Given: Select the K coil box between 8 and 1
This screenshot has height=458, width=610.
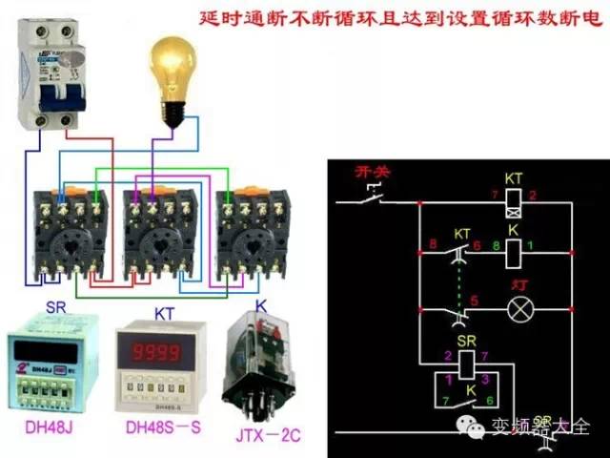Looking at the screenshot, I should tap(513, 253).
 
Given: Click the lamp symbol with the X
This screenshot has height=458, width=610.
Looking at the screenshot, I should tap(518, 309).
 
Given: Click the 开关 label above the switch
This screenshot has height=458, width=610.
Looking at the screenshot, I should tap(373, 173).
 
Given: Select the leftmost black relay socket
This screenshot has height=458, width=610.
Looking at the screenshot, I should tap(68, 234).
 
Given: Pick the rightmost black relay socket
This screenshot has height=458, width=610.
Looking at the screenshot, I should tap(251, 234).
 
